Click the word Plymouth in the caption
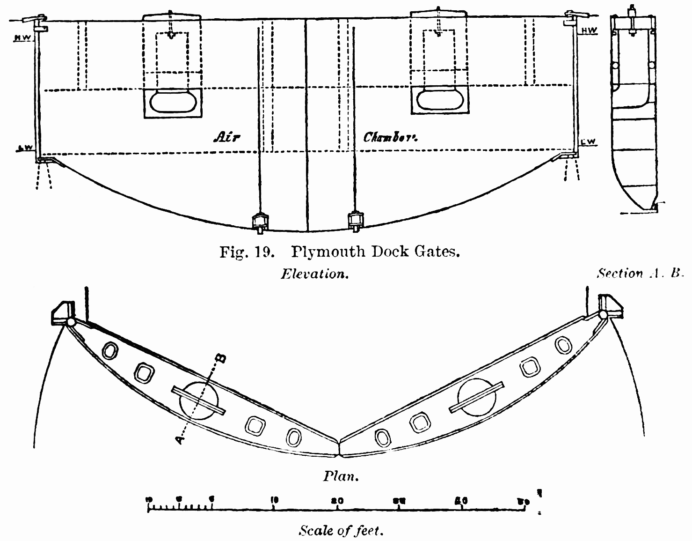(328, 252)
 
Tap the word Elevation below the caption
(314, 274)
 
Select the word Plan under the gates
(341, 476)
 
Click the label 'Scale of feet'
(341, 531)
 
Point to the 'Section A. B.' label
(641, 274)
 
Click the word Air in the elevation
(226, 137)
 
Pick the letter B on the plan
(220, 358)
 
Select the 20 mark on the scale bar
(337, 500)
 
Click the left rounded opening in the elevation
(173, 102)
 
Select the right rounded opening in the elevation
(439, 99)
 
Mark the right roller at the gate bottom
(356, 220)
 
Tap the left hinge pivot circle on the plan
(71, 322)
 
